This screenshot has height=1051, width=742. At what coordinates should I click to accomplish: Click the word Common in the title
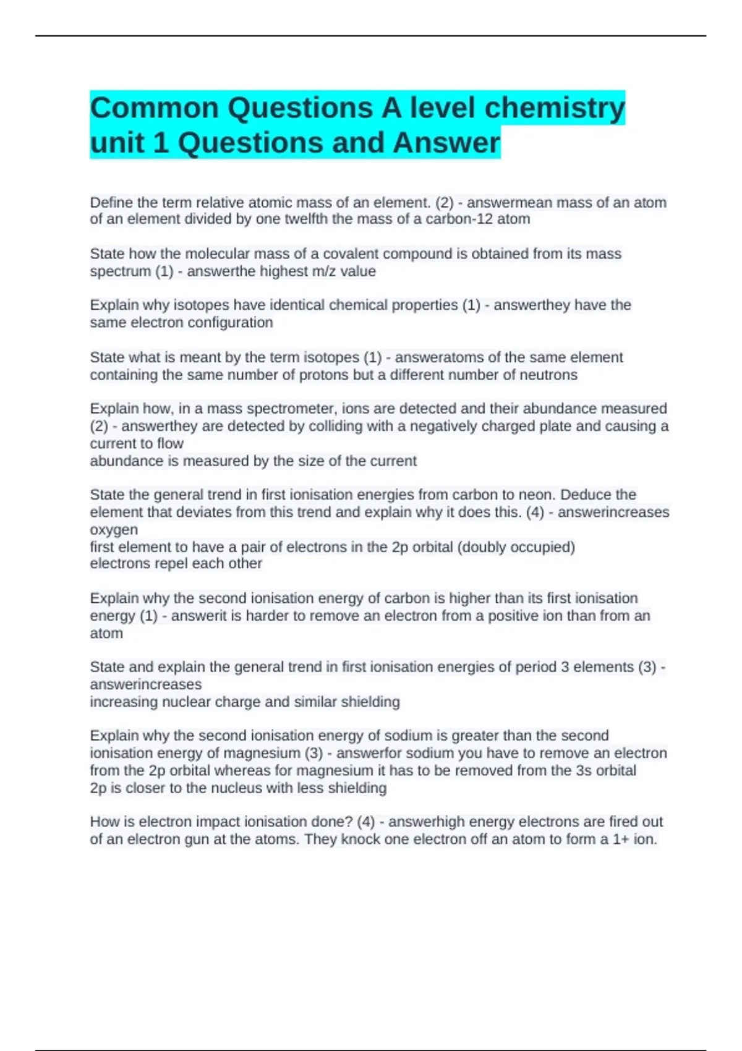point(154,108)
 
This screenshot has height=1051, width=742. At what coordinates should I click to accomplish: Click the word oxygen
point(114,530)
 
